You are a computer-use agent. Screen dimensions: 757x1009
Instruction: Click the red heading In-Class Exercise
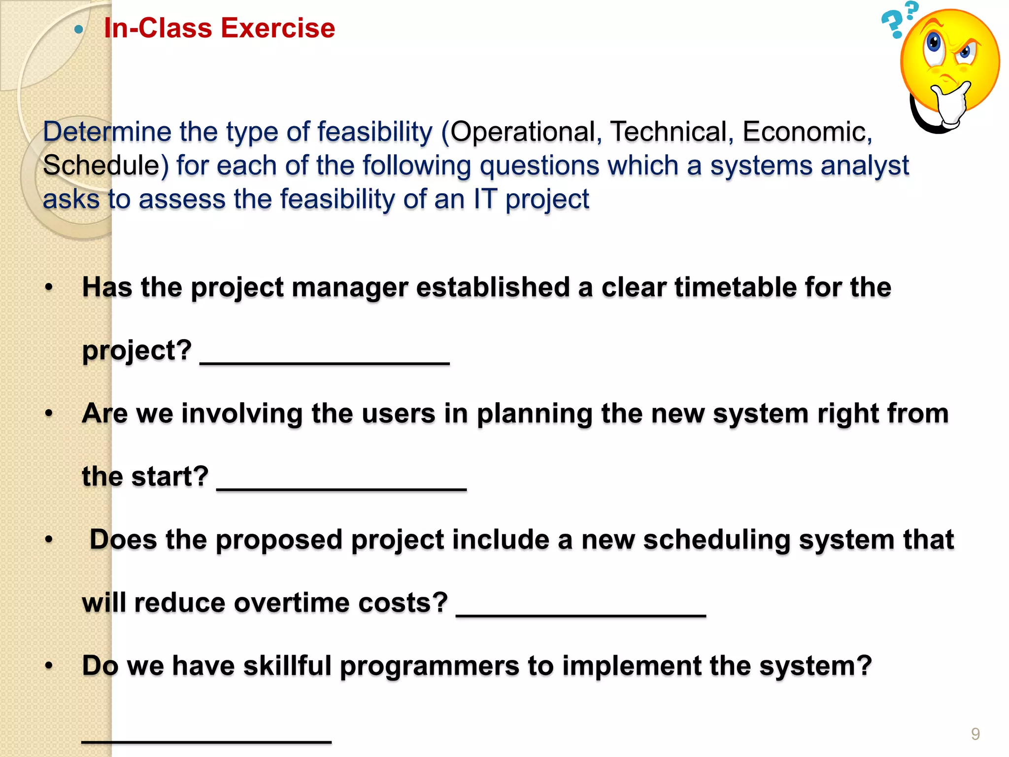(x=219, y=28)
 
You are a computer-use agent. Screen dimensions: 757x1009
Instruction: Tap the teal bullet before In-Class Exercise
(x=78, y=30)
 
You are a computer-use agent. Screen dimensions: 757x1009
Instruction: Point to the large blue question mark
(x=892, y=25)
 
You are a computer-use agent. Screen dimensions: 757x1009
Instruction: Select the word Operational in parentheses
(x=523, y=132)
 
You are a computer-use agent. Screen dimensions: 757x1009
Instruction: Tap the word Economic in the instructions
(x=807, y=132)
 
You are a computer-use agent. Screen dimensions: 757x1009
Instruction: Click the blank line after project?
(x=325, y=362)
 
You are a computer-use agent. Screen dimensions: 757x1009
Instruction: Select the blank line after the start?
(x=341, y=488)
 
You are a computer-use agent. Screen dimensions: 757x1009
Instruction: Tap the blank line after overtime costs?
(x=581, y=614)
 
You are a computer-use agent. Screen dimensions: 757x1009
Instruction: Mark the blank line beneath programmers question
(x=206, y=740)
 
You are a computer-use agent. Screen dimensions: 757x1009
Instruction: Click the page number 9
(x=975, y=734)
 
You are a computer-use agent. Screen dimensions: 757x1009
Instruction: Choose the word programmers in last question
(x=429, y=666)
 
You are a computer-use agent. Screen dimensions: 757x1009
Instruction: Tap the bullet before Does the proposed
(x=49, y=540)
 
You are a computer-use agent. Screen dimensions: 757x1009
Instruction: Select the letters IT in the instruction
(x=485, y=200)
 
